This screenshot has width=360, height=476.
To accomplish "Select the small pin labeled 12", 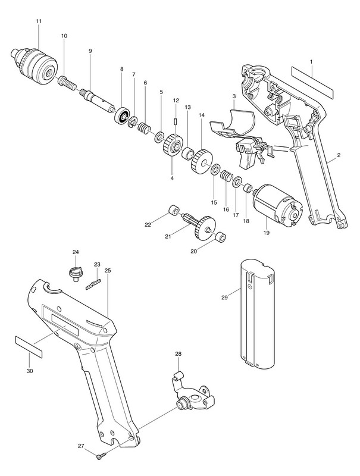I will pos(175,122).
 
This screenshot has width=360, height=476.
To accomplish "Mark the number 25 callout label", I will pos(108,270).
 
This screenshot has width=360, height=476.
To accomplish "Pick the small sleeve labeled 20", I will pos(220,237).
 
